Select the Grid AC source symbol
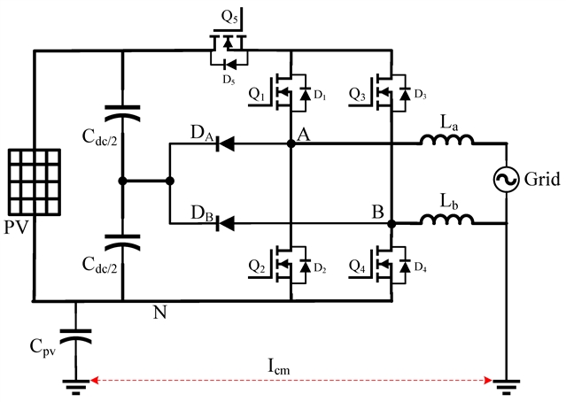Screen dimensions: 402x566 click(x=506, y=181)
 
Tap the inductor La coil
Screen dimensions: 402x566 click(x=446, y=139)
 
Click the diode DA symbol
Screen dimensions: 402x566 click(x=227, y=141)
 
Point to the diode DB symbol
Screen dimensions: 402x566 click(x=227, y=223)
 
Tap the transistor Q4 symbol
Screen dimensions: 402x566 click(x=382, y=263)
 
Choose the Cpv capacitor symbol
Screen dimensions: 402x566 click(x=74, y=338)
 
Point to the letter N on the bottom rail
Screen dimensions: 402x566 click(x=159, y=312)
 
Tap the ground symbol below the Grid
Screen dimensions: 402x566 click(x=506, y=383)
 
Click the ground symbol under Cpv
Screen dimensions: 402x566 click(x=74, y=383)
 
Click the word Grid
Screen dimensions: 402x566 click(x=542, y=181)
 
